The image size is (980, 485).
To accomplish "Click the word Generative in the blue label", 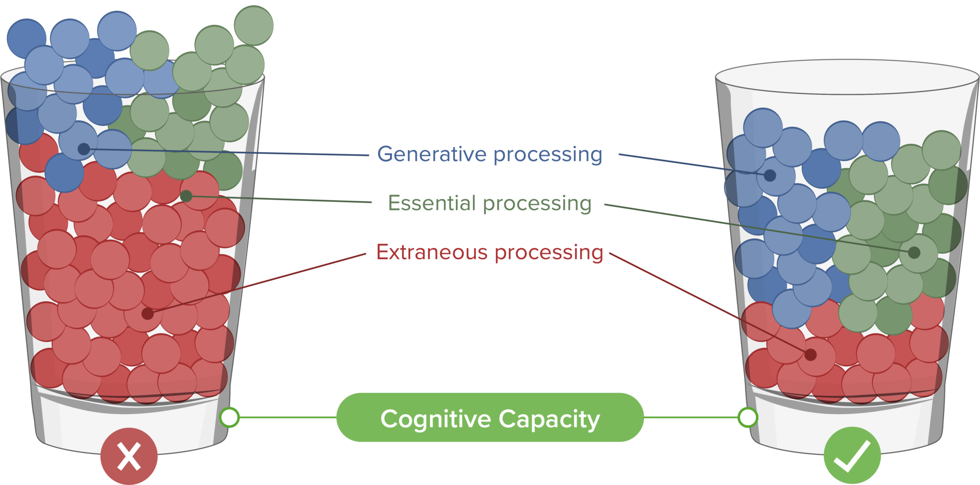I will coord(432,154).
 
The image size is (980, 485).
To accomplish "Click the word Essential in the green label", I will coord(432,203).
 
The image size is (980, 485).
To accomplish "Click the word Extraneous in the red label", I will coord(432,252).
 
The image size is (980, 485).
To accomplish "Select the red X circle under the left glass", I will coord(129,456).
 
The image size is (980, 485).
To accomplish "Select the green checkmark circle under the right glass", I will coord(852,456).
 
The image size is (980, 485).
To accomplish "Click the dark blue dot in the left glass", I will coord(83,148).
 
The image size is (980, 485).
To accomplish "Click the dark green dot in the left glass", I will coord(186,196).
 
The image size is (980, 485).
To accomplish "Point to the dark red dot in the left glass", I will coord(147,314).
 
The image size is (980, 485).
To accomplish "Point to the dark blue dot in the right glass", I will coord(770,176).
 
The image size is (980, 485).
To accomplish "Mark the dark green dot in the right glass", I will coord(914,252).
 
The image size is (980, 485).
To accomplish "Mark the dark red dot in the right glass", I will coord(811,355).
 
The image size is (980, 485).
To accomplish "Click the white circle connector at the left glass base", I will coord(230,417).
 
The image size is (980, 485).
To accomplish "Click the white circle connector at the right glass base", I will coord(747,417).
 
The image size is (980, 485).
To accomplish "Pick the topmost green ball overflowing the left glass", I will coord(254,25).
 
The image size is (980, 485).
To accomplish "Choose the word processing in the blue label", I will coord(547,155).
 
